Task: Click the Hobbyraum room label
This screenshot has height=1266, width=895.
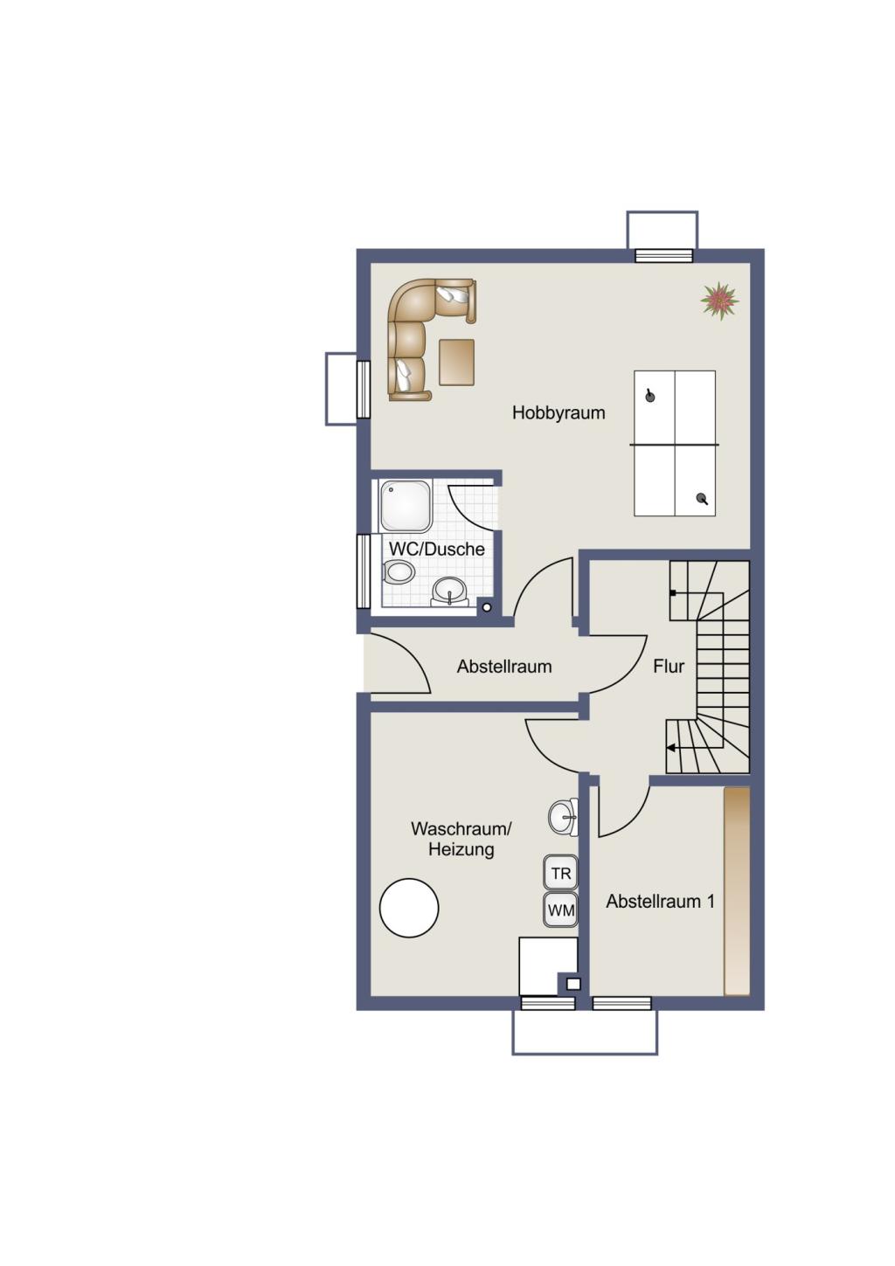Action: tap(558, 413)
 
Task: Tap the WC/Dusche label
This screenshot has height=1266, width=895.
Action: tap(436, 549)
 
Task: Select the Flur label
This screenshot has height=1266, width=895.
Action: tap(669, 667)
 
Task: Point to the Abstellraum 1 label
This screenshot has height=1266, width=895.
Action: tap(660, 902)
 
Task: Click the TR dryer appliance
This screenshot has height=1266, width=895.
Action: tap(561, 874)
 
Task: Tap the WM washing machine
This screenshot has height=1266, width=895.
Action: tap(561, 910)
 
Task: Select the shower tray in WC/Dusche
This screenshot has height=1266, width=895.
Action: tap(406, 506)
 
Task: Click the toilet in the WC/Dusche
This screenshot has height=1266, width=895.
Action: tap(399, 572)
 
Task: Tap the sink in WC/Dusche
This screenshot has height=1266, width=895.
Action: tap(449, 591)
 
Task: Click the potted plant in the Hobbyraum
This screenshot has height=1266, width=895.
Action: tap(719, 301)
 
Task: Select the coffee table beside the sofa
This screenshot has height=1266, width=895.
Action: tap(456, 362)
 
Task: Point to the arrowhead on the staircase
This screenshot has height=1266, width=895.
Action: tap(670, 748)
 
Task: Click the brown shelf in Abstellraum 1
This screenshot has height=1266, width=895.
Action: tap(737, 891)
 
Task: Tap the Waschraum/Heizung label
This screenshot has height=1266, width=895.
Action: tap(461, 839)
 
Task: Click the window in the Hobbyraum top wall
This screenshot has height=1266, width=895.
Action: tap(663, 256)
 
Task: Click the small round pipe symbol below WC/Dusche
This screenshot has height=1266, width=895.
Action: tap(487, 608)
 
